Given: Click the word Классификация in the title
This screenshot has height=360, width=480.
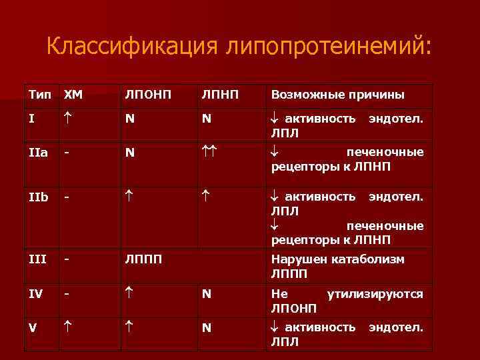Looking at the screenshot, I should (133, 47).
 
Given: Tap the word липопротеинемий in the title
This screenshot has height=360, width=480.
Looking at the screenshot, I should (329, 47).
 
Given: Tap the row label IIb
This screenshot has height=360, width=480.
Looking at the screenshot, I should (38, 197).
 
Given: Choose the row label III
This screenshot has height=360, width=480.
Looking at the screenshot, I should (37, 259).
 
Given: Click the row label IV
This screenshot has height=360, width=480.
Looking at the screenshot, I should (36, 293).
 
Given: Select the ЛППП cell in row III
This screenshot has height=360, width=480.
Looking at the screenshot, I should (143, 259).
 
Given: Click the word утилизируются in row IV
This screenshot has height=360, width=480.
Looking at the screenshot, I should (375, 293).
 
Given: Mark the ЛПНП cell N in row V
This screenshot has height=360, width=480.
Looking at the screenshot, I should (207, 327).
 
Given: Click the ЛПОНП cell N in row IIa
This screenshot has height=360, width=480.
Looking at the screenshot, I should (130, 153).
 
